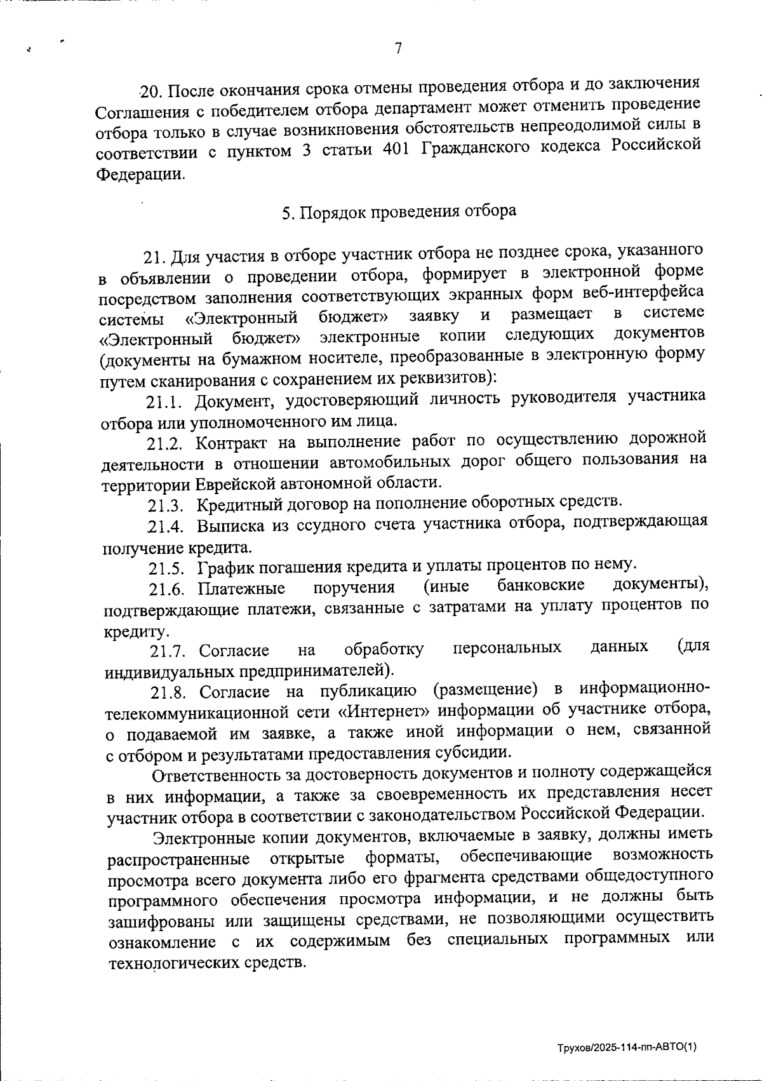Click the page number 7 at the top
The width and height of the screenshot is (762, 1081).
[x=398, y=49]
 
